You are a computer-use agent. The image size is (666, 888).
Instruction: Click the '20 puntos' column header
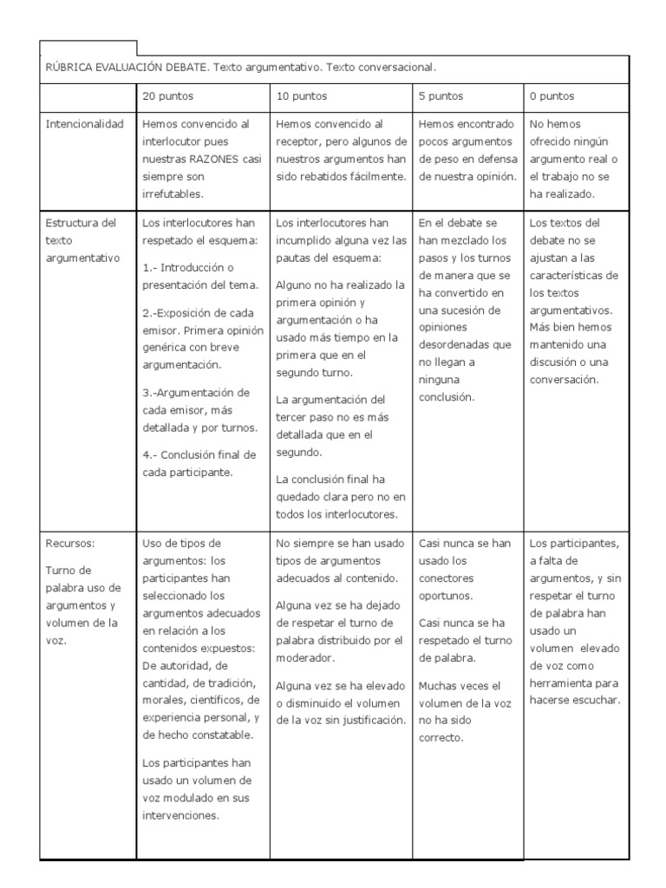(167, 96)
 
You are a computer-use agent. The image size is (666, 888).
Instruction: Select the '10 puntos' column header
(302, 96)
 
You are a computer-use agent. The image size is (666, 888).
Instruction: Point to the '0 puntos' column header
(552, 96)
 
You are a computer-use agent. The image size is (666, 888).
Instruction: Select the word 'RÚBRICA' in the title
(70, 67)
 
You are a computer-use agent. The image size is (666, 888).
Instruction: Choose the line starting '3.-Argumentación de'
(196, 392)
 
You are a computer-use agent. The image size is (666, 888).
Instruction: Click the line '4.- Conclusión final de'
(199, 454)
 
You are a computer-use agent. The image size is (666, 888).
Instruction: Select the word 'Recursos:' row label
(70, 544)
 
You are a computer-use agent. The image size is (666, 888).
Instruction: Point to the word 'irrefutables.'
(173, 194)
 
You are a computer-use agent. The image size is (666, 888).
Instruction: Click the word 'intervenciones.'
(180, 815)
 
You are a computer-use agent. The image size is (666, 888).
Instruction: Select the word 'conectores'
(446, 578)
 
